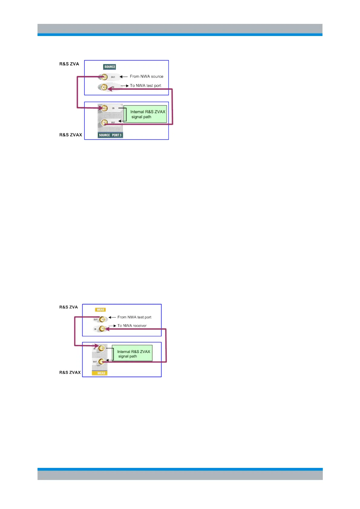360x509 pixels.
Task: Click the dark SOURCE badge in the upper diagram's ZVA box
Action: click(110, 67)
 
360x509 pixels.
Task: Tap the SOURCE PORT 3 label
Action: click(110, 135)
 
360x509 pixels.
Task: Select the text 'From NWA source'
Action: click(146, 76)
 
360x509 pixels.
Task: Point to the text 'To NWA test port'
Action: click(146, 86)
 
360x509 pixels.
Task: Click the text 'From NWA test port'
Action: click(134, 317)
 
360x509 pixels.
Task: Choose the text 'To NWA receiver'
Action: click(132, 326)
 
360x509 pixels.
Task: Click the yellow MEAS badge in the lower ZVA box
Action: click(100, 310)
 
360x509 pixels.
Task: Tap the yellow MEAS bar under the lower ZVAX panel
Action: click(100, 373)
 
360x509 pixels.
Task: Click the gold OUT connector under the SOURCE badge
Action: click(104, 77)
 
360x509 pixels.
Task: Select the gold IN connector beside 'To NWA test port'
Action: click(104, 87)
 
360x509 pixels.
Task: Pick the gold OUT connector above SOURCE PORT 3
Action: click(104, 122)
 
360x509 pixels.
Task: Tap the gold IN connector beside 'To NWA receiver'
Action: click(102, 329)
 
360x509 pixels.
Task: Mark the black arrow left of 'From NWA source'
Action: click(123, 77)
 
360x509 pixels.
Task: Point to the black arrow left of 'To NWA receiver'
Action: click(113, 326)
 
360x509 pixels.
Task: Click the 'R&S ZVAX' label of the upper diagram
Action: click(70, 135)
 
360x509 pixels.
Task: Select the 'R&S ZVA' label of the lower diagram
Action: click(68, 307)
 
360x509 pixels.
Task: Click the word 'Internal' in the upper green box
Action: click(137, 112)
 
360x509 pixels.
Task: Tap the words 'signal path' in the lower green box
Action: click(127, 356)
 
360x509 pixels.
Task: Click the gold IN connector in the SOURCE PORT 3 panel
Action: click(104, 108)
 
